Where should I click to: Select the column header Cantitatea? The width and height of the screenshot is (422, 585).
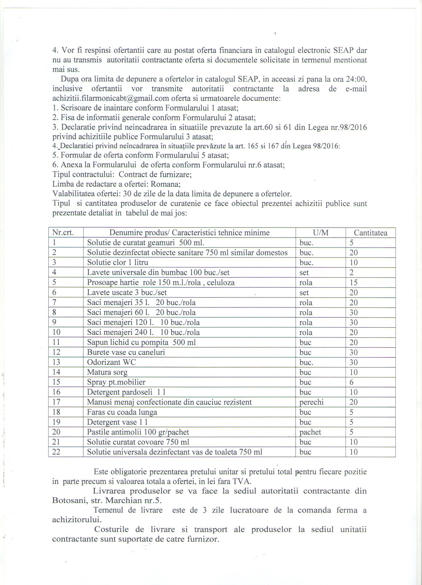(x=371, y=233)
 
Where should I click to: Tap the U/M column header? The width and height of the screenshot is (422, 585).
(x=320, y=233)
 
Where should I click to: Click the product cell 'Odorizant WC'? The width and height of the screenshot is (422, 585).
(x=112, y=362)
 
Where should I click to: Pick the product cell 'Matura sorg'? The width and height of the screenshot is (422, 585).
(x=107, y=372)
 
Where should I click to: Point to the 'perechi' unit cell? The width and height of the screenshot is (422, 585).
(x=311, y=402)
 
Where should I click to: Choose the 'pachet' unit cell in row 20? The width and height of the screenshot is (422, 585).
(x=310, y=432)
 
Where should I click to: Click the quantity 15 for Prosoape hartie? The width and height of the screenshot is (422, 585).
(x=354, y=283)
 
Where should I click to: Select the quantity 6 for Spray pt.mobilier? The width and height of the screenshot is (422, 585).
(x=352, y=382)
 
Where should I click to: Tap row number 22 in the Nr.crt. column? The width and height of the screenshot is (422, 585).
(x=56, y=452)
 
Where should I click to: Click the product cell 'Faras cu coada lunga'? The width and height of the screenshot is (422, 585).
(x=122, y=412)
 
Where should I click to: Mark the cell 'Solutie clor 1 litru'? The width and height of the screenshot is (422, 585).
(x=118, y=263)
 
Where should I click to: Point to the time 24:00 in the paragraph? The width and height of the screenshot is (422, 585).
(x=358, y=79)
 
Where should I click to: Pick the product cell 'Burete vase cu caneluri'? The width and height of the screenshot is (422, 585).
(x=126, y=352)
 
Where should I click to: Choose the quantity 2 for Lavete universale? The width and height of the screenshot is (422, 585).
(x=352, y=273)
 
